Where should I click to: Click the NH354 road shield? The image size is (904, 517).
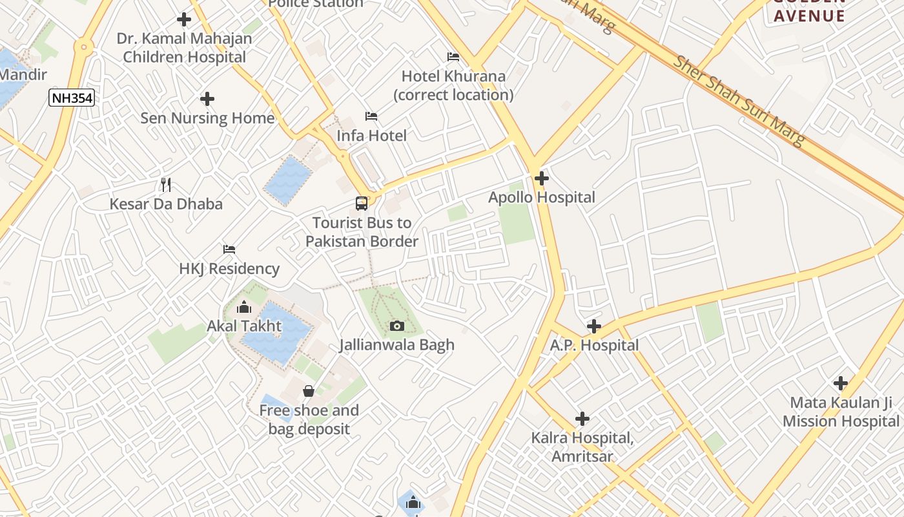pyautogui.click(x=72, y=98)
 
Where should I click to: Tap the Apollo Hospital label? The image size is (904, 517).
pyautogui.click(x=541, y=197)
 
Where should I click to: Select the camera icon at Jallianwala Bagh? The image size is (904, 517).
pyautogui.click(x=397, y=326)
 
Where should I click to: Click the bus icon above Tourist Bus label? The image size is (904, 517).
pyautogui.click(x=362, y=204)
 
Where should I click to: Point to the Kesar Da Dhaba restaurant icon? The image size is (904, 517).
pyautogui.click(x=166, y=185)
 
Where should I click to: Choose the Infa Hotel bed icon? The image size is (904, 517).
pyautogui.click(x=371, y=116)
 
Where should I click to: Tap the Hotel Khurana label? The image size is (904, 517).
pyautogui.click(x=453, y=85)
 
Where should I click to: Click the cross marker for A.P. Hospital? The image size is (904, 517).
pyautogui.click(x=593, y=326)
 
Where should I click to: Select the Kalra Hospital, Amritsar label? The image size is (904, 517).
pyautogui.click(x=582, y=447)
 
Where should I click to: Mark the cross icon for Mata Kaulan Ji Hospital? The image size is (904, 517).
pyautogui.click(x=840, y=383)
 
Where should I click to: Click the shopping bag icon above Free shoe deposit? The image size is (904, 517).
pyautogui.click(x=309, y=391)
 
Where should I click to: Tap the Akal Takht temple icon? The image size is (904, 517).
pyautogui.click(x=244, y=307)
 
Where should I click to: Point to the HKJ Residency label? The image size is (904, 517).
pyautogui.click(x=229, y=268)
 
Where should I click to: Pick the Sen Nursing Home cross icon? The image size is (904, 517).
pyautogui.click(x=207, y=99)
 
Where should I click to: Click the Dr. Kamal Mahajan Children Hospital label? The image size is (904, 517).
pyautogui.click(x=185, y=48)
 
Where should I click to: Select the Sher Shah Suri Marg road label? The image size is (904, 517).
pyautogui.click(x=739, y=100)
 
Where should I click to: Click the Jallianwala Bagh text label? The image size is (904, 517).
pyautogui.click(x=397, y=345)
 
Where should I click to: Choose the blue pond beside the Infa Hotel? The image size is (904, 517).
pyautogui.click(x=288, y=180)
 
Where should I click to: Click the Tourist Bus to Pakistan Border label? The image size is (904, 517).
pyautogui.click(x=362, y=232)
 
